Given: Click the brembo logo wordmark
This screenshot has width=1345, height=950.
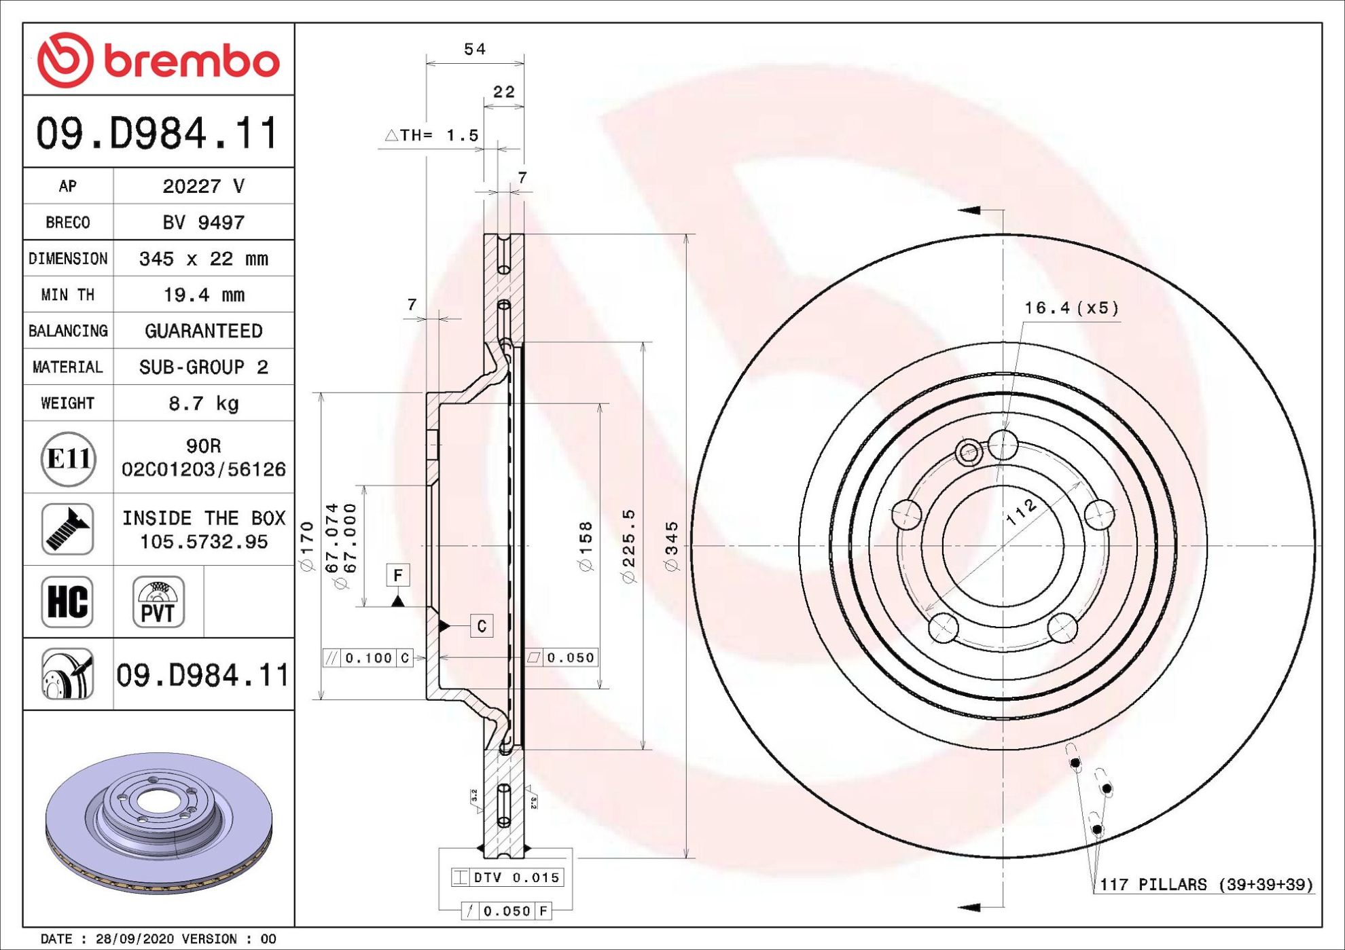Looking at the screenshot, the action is coord(192,61).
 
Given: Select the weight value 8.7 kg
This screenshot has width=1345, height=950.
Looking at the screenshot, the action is coord(204,403).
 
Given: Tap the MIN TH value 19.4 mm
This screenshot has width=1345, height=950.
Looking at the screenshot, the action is coord(204,295).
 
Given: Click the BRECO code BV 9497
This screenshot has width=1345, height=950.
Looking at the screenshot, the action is coord(203,222).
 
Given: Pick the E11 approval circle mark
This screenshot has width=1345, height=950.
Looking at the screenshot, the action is coord(68,459).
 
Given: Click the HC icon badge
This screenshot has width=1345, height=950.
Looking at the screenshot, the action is coord(67,602).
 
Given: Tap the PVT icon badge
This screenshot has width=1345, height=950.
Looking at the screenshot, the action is coord(158,602).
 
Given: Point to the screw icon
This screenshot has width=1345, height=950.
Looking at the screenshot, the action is coord(67,529).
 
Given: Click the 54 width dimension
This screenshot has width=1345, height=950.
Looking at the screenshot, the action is coord(475,49).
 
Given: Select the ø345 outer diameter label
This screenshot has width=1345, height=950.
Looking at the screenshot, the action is coord(671,547).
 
